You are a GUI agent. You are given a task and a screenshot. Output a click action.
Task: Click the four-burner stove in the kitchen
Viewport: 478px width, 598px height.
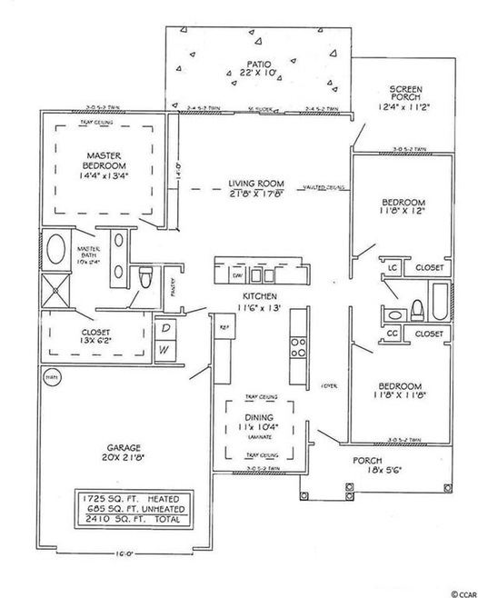coord(297,346)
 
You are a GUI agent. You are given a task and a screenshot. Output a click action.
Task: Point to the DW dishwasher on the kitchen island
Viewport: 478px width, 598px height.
coord(236,274)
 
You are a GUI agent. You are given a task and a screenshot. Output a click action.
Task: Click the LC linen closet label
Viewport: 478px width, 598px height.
coord(393,269)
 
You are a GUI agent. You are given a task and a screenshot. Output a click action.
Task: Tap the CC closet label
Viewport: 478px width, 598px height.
coord(393,334)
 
